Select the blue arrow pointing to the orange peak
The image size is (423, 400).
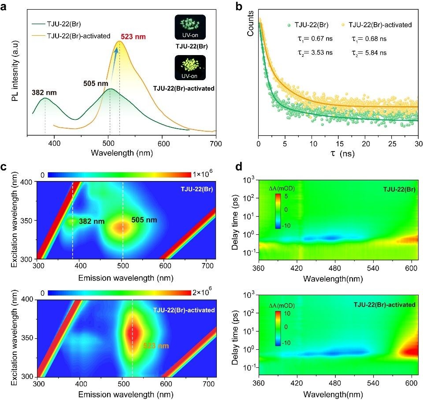(x=114, y=60)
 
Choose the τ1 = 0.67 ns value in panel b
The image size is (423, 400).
(x=315, y=39)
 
